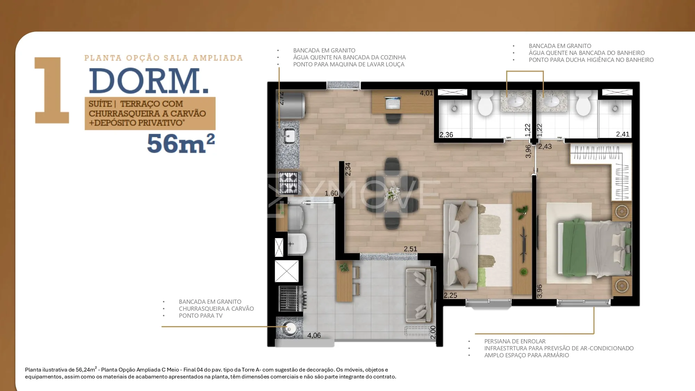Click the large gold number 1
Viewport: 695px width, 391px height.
[x=52, y=90]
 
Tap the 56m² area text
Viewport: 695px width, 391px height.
[x=181, y=143]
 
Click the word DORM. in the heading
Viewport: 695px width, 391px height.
[x=149, y=81]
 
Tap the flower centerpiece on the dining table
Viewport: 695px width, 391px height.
[x=392, y=193]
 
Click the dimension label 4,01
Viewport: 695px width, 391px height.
[x=426, y=93]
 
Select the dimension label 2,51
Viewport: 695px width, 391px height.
[x=410, y=249]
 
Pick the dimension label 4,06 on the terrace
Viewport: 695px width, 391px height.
[x=314, y=335]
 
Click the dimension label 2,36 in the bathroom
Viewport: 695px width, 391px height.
[x=446, y=135]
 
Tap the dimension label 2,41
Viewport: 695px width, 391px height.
[x=623, y=134]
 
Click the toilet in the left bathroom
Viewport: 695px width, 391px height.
[x=485, y=104]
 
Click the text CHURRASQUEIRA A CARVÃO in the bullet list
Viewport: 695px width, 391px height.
[x=216, y=309]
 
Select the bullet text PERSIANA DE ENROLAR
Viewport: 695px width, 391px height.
[x=515, y=341]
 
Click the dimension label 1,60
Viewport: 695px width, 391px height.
[x=331, y=193]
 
